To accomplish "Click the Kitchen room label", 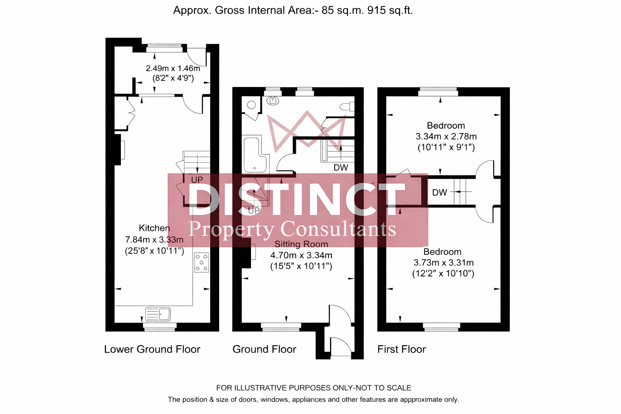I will [154, 228].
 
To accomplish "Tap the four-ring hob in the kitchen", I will [201, 262].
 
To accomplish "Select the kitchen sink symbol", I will [158, 314].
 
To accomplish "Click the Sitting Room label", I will [301, 244].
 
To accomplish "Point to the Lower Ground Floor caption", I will [152, 349].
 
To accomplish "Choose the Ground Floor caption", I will [264, 349].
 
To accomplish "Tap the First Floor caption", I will [401, 349].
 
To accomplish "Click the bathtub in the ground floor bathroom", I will [255, 155].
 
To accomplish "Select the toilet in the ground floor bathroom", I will [346, 107].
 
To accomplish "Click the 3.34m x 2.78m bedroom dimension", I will [446, 137].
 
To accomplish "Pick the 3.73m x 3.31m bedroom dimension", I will [444, 263].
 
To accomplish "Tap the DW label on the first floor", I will [439, 193].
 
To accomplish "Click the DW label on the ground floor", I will [340, 167].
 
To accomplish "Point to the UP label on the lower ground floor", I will [197, 180].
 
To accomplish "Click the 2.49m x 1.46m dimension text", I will [173, 68].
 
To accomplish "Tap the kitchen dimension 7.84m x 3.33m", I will [154, 240].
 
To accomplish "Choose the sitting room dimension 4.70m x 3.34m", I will [301, 256].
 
